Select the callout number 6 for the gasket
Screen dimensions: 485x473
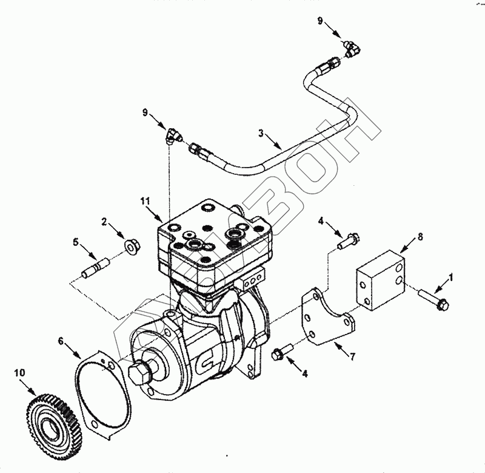pos(61,341)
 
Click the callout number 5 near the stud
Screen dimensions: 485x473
pos(76,242)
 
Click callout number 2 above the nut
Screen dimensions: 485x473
pos(104,223)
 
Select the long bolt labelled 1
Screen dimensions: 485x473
pos(432,299)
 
